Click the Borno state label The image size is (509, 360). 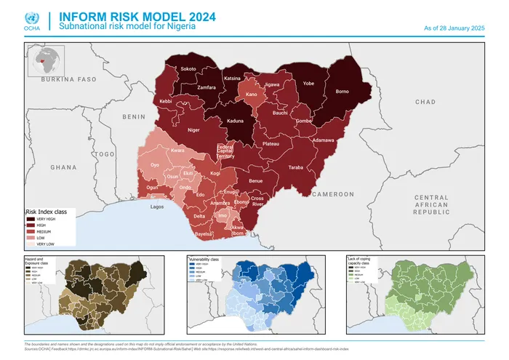coord(342,92)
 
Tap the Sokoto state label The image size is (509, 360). coord(188,69)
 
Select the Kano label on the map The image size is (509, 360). coord(252,95)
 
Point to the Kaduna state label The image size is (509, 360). coord(235,121)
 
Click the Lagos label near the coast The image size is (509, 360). coord(157,207)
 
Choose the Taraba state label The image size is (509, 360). coord(296,167)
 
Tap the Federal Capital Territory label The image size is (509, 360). coord(226,151)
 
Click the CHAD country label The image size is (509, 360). coord(425,103)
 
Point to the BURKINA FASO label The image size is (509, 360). coord(69,79)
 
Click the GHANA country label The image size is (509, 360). coord(63,167)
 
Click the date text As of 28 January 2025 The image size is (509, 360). coord(454,28)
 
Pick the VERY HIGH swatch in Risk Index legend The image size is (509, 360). coord(31,218)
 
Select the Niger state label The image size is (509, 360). coord(193,130)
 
